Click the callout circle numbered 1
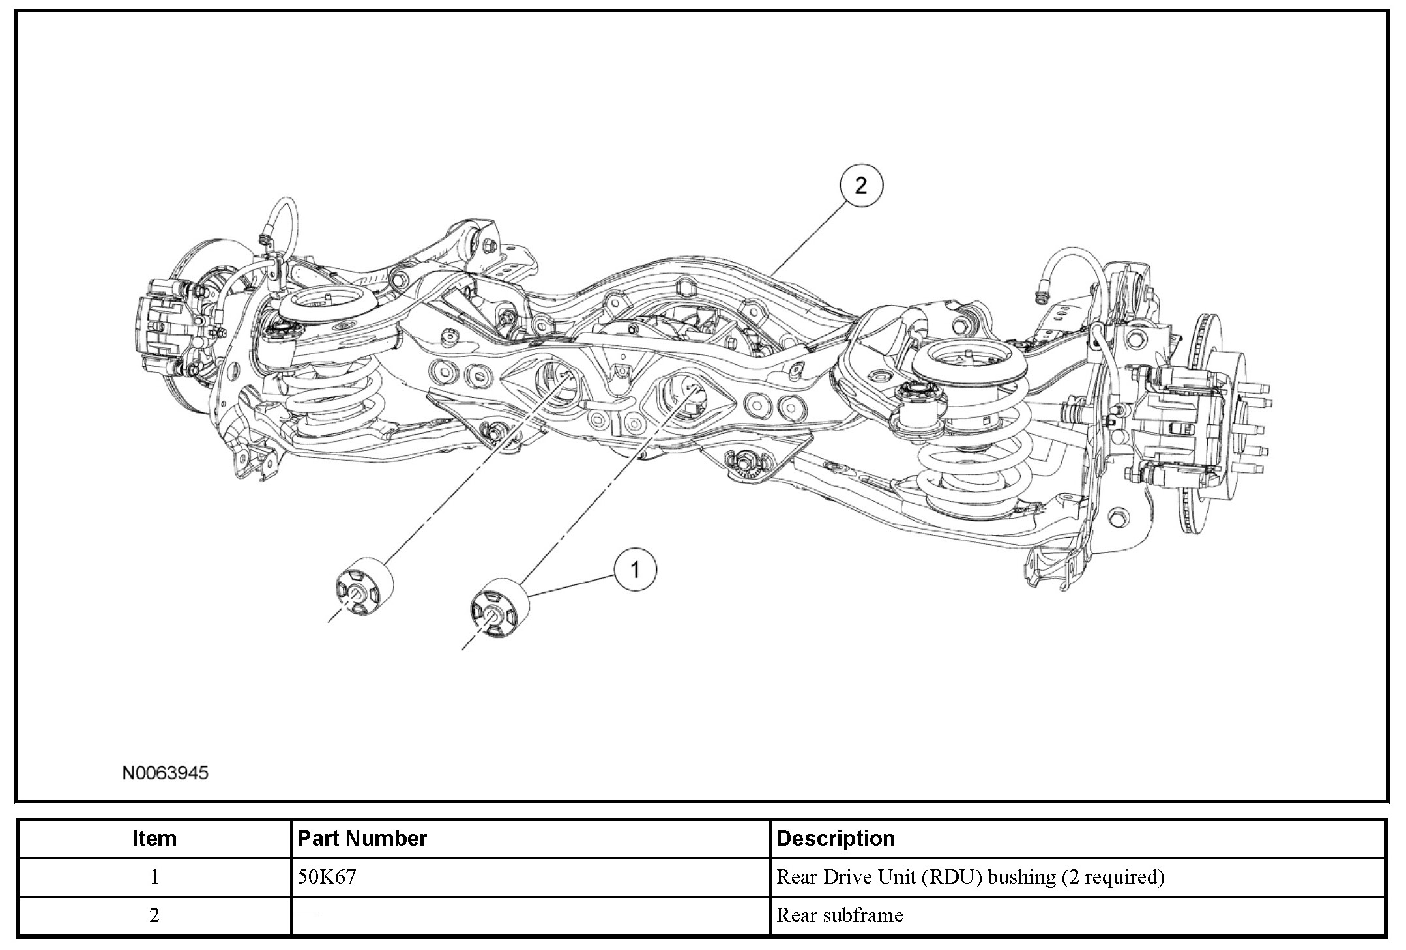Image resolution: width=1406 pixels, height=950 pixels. (x=635, y=570)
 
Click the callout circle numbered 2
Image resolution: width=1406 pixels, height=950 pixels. (x=860, y=186)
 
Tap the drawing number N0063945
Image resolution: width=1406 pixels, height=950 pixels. (x=166, y=773)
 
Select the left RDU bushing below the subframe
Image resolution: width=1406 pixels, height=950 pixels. (x=365, y=586)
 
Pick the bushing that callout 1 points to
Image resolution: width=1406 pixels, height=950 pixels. (x=499, y=607)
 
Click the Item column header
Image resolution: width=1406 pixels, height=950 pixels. (x=154, y=838)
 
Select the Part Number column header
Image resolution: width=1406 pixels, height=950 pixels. (x=362, y=838)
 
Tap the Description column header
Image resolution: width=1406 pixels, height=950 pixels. (x=836, y=838)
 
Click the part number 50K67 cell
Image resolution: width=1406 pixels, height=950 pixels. (x=327, y=876)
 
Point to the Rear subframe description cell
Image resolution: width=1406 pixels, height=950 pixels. (x=840, y=915)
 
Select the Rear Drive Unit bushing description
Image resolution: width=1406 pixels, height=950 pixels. (x=970, y=876)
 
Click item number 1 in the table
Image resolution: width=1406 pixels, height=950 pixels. (x=154, y=876)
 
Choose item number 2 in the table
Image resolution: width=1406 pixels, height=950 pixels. (x=154, y=915)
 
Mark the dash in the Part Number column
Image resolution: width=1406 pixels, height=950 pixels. (x=308, y=916)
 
